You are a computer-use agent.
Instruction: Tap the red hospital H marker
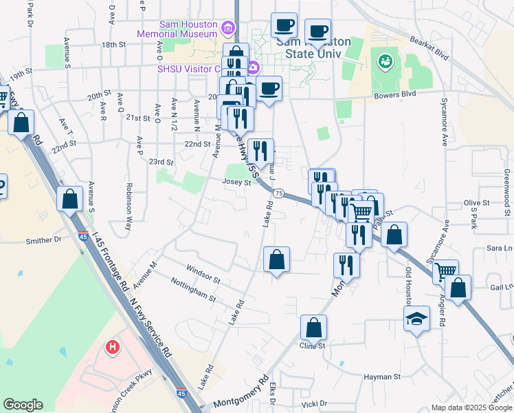click(112, 348)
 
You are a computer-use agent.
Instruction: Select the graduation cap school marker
click(416, 319)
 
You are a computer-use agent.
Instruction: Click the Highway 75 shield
click(278, 195)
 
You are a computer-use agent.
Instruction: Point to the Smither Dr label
click(43, 241)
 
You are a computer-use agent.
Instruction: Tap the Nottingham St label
click(193, 295)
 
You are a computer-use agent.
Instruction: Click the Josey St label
click(236, 182)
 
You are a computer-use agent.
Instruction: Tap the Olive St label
click(476, 203)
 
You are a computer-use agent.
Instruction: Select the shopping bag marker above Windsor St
click(276, 260)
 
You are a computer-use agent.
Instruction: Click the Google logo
click(23, 405)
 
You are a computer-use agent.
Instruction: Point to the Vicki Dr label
click(315, 404)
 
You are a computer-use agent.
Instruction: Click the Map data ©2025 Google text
click(471, 407)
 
